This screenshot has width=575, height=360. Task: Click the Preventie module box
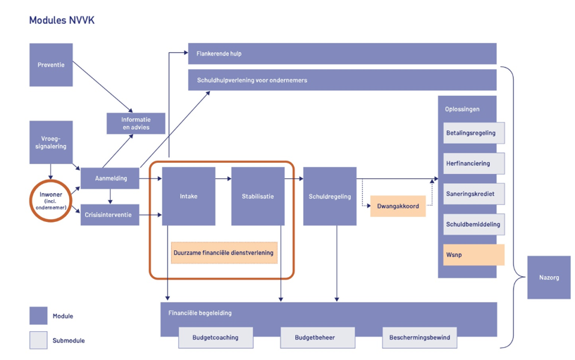[x=51, y=65]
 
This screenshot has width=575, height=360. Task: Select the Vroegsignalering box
[x=51, y=143]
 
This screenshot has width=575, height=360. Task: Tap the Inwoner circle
[x=50, y=198]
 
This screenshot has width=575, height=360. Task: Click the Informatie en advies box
[x=136, y=123]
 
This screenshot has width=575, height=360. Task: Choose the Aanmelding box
[x=109, y=178]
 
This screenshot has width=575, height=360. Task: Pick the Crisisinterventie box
[x=109, y=215]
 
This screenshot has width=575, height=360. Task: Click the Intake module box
[x=188, y=197]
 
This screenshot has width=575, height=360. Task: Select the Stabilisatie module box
[x=258, y=197]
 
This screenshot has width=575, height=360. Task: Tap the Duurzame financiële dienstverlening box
[x=223, y=252]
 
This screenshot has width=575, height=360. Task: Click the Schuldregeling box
[x=330, y=197]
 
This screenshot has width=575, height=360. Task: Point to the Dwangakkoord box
[x=397, y=206]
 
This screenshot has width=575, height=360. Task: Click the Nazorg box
[x=549, y=278]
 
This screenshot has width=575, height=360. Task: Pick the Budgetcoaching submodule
[x=215, y=337]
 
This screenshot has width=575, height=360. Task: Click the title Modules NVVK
[x=61, y=20]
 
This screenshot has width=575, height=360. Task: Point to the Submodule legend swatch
[x=38, y=340]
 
